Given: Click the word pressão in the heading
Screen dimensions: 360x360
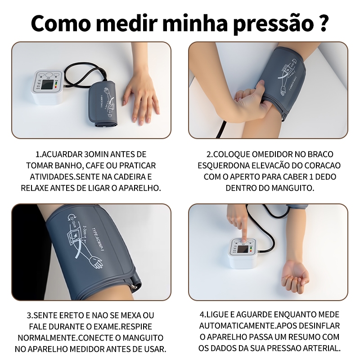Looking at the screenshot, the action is click(x=273, y=24).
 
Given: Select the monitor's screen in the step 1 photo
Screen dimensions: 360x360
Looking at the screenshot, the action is click(x=48, y=85).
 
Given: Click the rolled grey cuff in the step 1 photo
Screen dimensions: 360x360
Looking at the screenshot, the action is click(x=104, y=104).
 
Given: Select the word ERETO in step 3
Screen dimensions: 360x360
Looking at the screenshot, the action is click(x=72, y=315).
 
